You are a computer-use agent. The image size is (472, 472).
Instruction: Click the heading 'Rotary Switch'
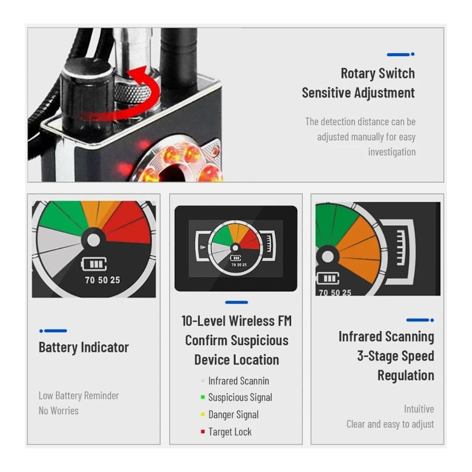(378, 73)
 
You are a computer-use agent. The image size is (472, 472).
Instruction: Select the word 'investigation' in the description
(392, 152)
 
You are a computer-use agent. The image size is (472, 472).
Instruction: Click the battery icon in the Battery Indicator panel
(94, 264)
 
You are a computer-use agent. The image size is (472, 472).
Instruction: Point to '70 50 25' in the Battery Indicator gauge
(102, 280)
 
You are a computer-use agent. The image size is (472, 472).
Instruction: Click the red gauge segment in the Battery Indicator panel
(126, 223)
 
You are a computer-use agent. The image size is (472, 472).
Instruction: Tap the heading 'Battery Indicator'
(84, 348)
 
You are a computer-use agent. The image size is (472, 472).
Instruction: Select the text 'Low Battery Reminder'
(79, 395)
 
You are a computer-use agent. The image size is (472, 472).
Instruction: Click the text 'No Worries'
(59, 411)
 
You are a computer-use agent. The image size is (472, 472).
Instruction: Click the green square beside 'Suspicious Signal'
(203, 397)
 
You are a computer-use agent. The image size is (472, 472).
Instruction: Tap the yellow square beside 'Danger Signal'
(203, 414)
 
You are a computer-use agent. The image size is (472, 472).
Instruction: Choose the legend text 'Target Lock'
(230, 432)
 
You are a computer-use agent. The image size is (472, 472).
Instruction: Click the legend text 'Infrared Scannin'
(238, 381)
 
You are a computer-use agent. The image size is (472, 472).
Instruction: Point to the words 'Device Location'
(236, 360)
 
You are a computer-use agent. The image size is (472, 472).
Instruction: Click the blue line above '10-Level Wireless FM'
(236, 302)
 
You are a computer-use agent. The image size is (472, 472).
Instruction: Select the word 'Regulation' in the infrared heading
(406, 375)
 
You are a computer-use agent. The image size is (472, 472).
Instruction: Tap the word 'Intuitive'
(419, 409)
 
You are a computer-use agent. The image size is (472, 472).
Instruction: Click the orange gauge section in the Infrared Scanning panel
(358, 250)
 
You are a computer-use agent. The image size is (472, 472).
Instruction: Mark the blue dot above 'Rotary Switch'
(413, 54)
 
